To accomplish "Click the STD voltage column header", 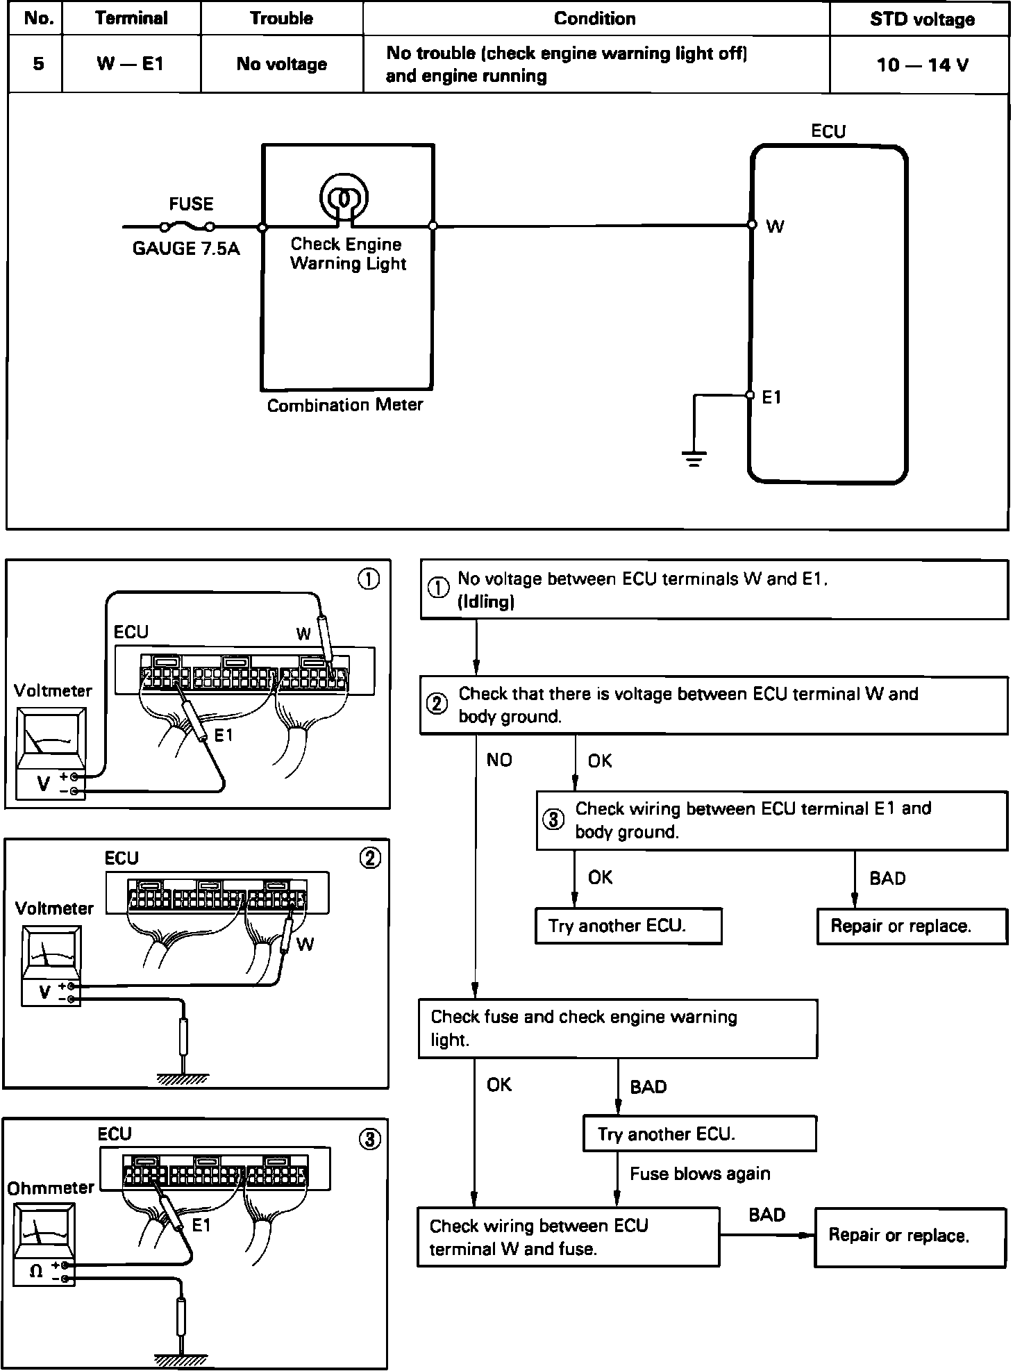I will (x=921, y=19).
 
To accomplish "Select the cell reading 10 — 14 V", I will (x=921, y=65).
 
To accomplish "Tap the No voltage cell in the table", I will (x=281, y=64).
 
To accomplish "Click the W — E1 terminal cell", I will (x=131, y=64).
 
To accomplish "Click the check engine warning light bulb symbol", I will (x=344, y=197).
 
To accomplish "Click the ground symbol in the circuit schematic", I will (x=694, y=458).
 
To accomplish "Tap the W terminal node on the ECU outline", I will (x=752, y=225).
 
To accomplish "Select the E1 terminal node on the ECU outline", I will (x=750, y=395).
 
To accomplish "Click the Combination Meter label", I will (x=345, y=405).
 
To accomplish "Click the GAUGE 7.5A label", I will (x=186, y=249).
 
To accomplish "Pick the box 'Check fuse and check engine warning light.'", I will (x=617, y=1029).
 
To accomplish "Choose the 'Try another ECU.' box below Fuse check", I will (x=699, y=1134).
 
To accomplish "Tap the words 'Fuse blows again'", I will (x=700, y=1174).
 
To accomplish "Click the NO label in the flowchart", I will (x=499, y=761).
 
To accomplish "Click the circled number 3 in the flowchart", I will (x=553, y=820).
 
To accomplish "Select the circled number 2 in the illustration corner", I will (x=370, y=858).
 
